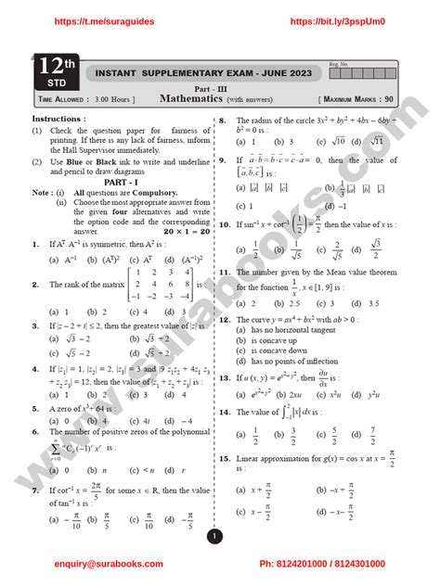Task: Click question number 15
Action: [225, 460]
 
